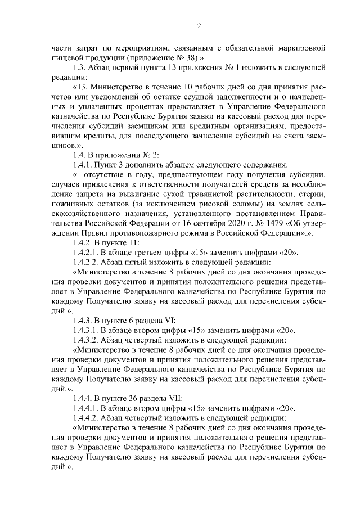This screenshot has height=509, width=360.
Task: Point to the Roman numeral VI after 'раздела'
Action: [170, 319]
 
